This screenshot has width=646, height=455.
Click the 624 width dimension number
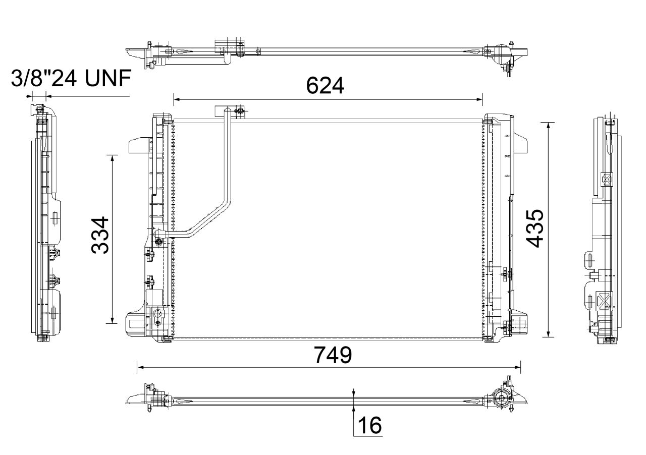[x=325, y=86]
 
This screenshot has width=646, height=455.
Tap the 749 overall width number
[x=333, y=355]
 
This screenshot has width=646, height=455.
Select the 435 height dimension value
[x=534, y=229]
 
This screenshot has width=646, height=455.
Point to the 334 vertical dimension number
[x=100, y=235]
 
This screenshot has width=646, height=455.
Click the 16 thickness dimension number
[x=369, y=425]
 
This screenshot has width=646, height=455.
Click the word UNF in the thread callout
[x=108, y=78]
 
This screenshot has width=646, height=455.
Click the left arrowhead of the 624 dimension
[x=177, y=99]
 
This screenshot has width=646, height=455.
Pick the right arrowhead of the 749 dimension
[x=517, y=367]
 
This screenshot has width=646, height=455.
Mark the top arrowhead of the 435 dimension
[x=548, y=126]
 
